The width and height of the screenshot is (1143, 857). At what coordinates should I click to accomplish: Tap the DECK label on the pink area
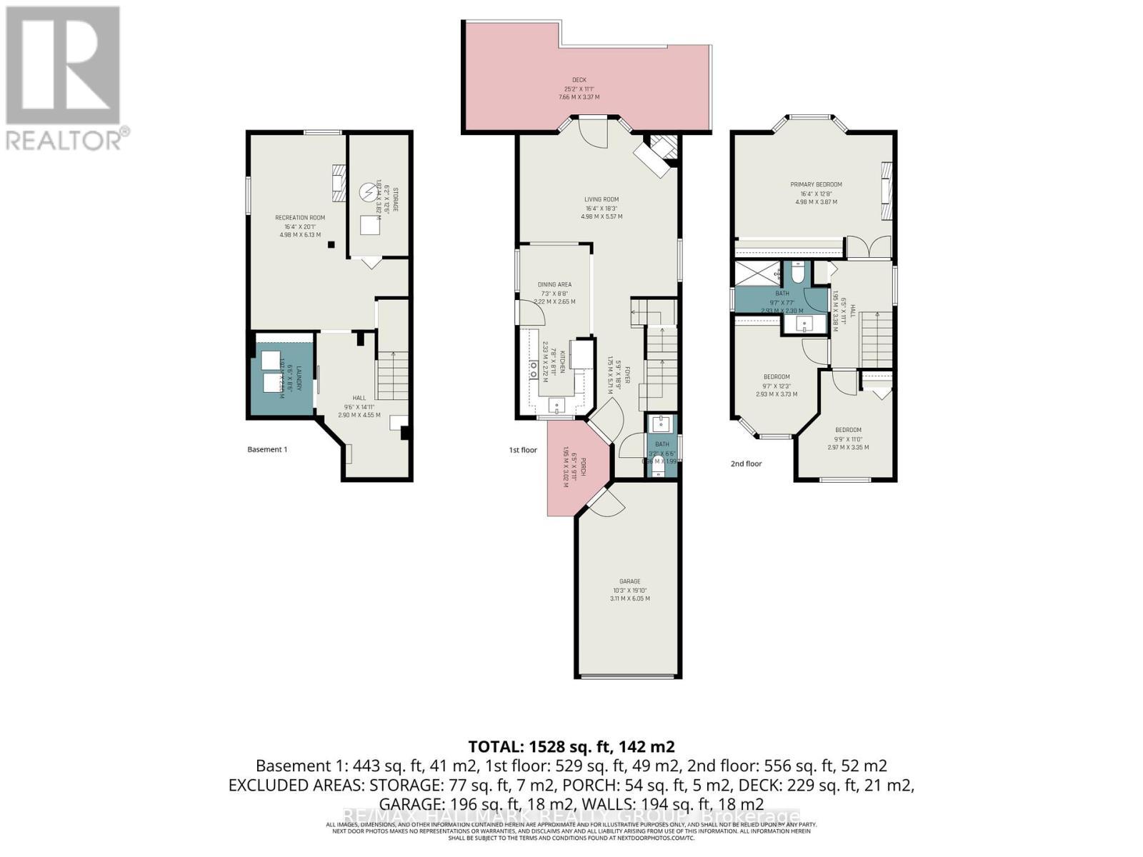(x=579, y=80)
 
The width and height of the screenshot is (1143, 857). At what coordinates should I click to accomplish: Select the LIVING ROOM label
(x=601, y=200)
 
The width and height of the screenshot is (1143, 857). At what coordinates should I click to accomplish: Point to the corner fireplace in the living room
(x=659, y=153)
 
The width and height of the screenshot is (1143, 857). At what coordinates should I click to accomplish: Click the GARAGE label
(x=629, y=581)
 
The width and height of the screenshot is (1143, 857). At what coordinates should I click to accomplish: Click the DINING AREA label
(x=554, y=284)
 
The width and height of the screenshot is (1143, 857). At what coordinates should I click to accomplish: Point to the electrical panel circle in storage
(x=367, y=192)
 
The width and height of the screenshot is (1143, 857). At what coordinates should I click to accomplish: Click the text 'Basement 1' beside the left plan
(x=266, y=449)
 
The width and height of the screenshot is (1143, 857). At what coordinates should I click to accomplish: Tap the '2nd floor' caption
(x=746, y=463)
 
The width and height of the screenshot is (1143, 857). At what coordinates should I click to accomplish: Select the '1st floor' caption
(x=522, y=450)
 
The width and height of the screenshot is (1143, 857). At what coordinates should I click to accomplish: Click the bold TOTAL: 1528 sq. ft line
(x=571, y=746)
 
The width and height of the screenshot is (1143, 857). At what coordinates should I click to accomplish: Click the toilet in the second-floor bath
(x=799, y=272)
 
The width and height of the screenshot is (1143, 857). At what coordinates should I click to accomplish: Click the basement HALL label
(x=359, y=398)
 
